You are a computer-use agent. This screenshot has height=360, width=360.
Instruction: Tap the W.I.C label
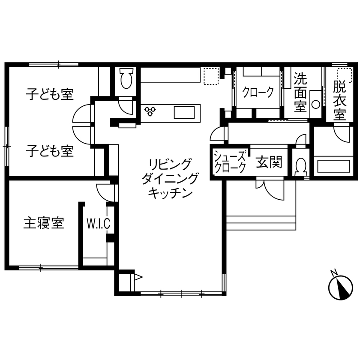pos(99,223)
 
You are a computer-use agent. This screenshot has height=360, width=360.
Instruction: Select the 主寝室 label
pos(44,223)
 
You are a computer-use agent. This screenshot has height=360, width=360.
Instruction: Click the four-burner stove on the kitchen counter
pos(150,111)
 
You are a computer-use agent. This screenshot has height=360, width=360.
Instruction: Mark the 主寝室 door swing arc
pos(105,191)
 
